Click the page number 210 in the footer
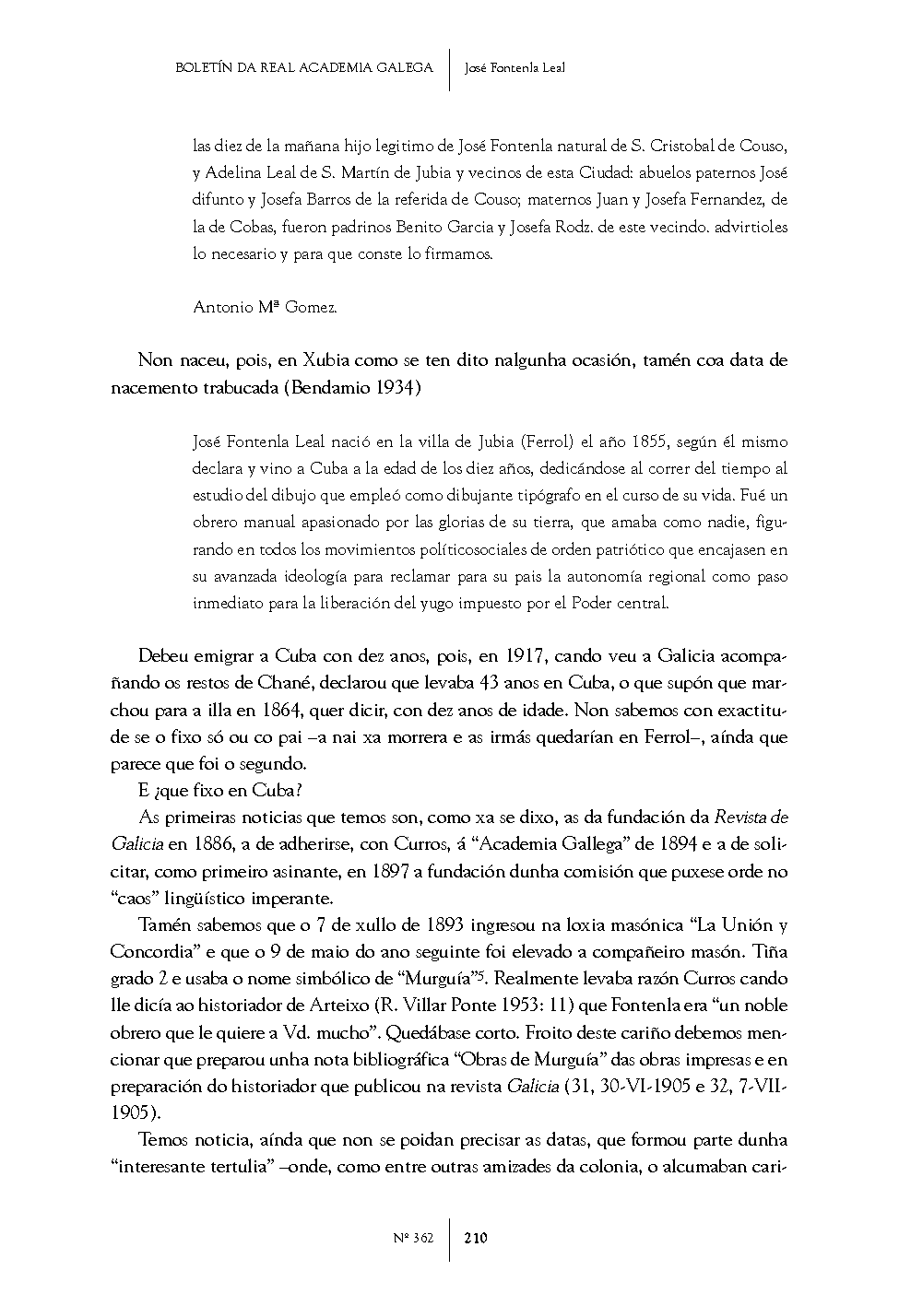476,1238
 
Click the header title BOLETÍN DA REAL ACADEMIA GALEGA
303,67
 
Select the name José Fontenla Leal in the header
515,67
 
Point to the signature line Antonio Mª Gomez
265,308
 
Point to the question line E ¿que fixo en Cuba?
220,791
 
